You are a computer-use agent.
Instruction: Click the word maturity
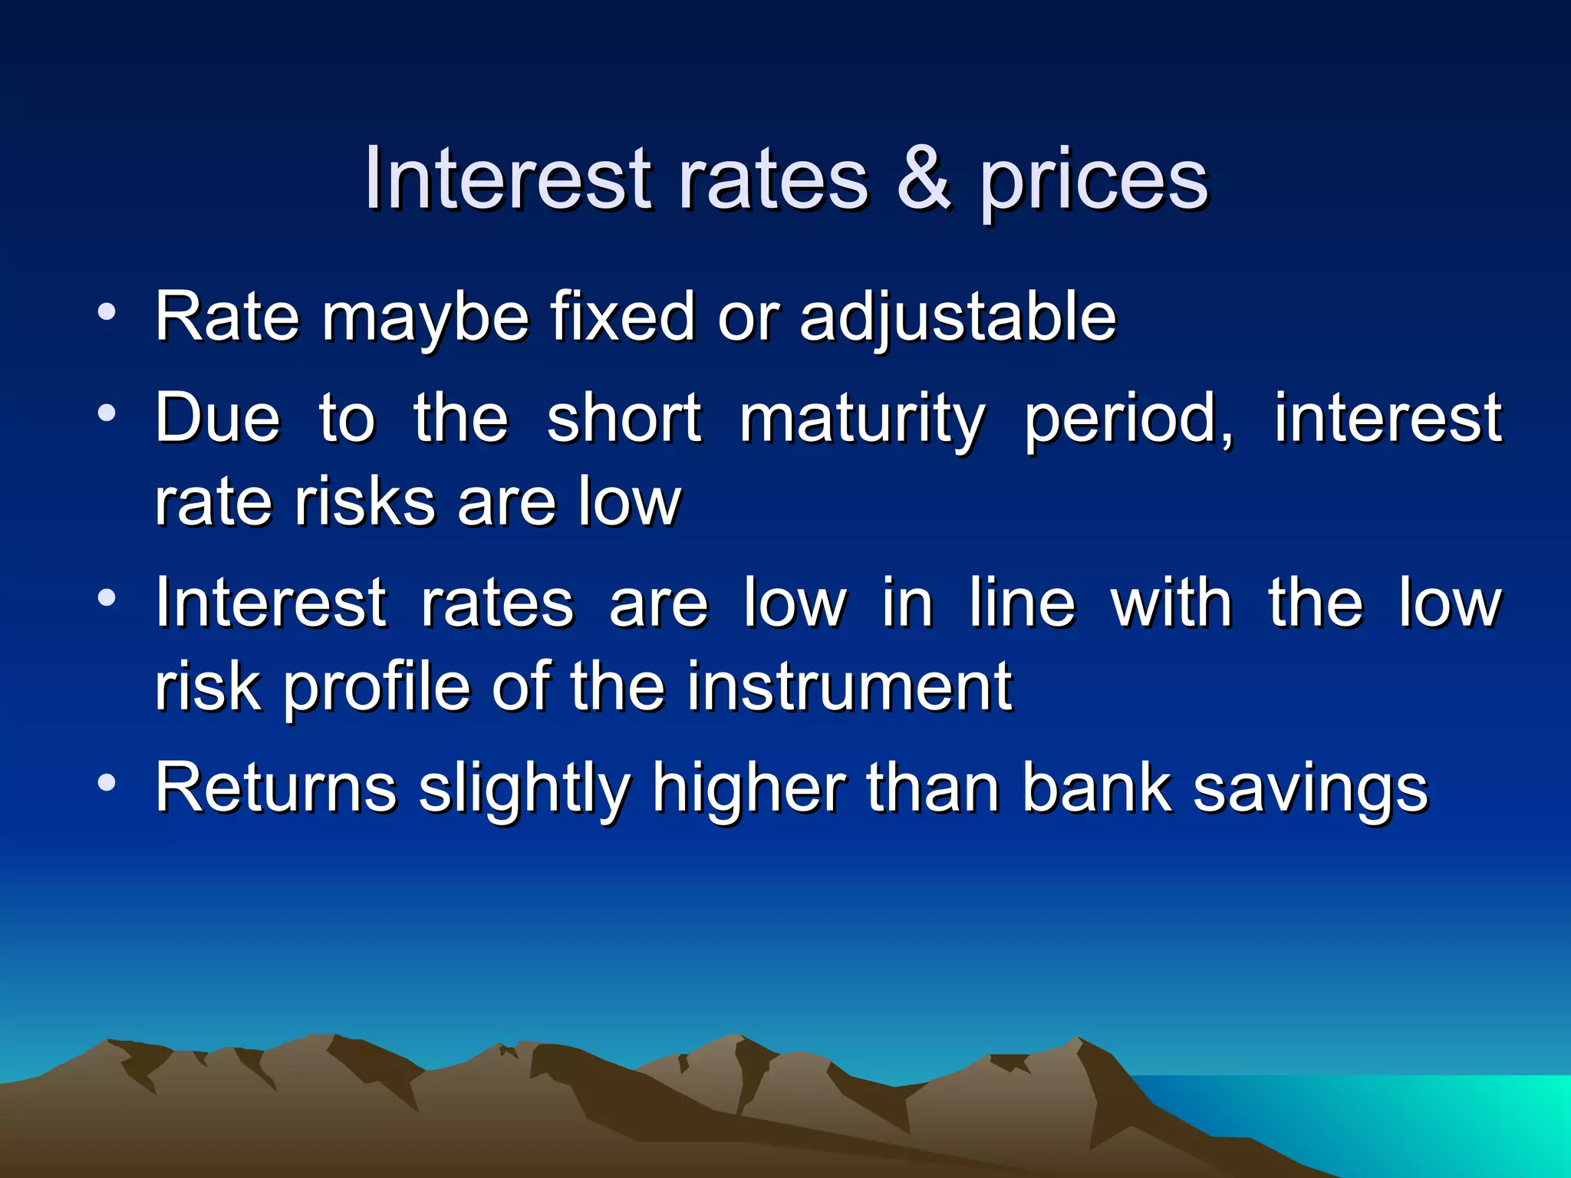[x=861, y=420]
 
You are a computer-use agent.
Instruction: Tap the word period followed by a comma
[x=1128, y=420]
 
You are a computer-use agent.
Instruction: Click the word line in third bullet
[x=1022, y=603]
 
